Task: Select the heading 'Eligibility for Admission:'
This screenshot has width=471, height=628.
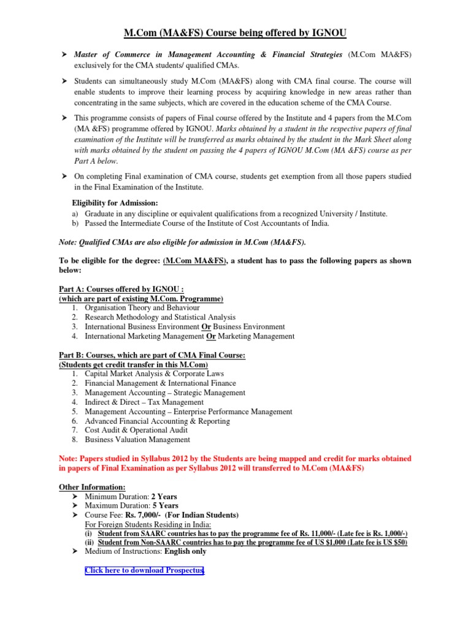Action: tap(115, 202)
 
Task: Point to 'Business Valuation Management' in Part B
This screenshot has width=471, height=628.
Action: tap(137, 439)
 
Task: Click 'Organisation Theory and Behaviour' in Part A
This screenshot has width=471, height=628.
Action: tap(142, 307)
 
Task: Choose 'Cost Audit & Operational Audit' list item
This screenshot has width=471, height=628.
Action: tap(137, 430)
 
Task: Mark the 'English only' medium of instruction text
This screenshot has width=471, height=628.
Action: tap(182, 551)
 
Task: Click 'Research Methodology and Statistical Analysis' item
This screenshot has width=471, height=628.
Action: tap(160, 317)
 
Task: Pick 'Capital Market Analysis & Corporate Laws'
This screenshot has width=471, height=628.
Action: tap(155, 373)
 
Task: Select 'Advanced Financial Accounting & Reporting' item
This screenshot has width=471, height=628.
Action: tap(158, 421)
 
